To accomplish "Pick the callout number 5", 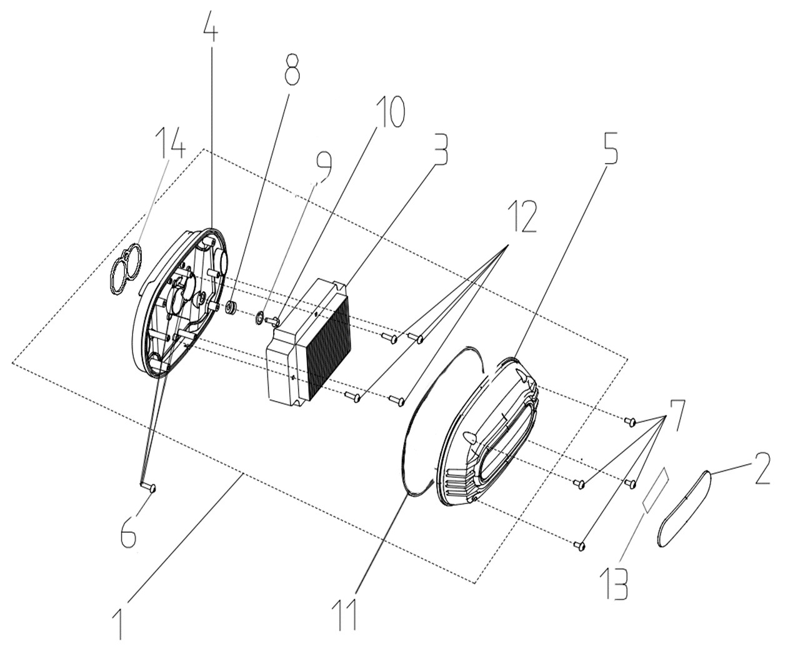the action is point(607,148).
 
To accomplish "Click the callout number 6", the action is point(128,534).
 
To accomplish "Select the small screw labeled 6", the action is point(148,487).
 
